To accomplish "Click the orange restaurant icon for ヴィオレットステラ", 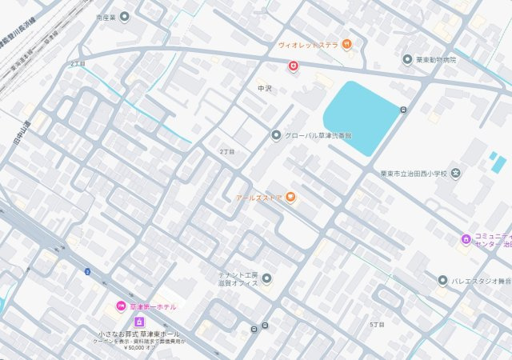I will (346, 44).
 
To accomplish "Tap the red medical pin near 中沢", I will (294, 66).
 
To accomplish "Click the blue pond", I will (360, 116).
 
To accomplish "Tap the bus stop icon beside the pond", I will (403, 110).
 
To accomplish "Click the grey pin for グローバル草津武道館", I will (276, 136).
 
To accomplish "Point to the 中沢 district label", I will (265, 88).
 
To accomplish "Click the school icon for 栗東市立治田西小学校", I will (455, 173).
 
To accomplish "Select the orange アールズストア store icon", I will (291, 197).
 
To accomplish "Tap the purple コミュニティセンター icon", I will (466, 239).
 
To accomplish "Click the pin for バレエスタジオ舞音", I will (442, 280).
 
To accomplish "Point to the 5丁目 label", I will (377, 324).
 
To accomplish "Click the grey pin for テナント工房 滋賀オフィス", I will (266, 278).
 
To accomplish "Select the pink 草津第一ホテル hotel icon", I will (121, 306).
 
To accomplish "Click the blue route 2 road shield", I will (87, 272).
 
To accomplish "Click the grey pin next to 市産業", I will (124, 17).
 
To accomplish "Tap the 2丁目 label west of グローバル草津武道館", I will (227, 150).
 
